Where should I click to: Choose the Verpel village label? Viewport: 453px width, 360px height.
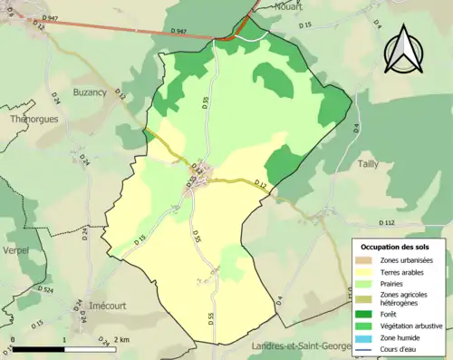(x=15, y=249)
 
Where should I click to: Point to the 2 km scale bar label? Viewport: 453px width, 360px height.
(x=121, y=339)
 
